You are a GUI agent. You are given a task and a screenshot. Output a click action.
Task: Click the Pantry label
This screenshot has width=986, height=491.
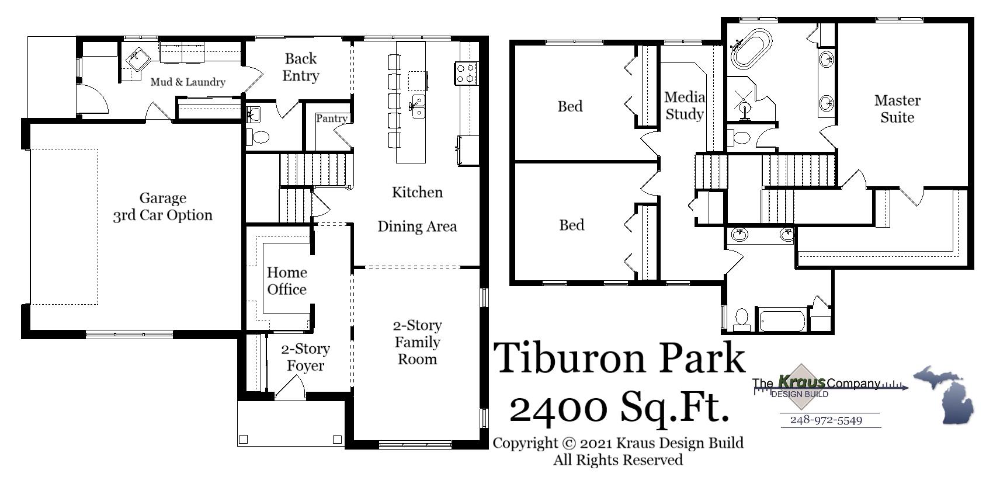point(331,119)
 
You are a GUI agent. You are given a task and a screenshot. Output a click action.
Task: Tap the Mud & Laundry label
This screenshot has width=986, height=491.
point(188,82)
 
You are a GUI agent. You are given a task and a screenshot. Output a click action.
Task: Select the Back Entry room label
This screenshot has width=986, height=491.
point(301,67)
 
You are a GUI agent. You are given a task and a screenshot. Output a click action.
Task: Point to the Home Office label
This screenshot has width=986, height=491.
point(287,281)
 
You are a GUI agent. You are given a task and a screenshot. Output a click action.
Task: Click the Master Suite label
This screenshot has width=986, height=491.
point(897,109)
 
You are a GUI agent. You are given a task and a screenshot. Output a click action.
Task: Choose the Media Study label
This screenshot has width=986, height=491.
point(684,106)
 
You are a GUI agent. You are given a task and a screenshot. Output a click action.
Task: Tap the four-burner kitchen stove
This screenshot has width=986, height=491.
point(466,73)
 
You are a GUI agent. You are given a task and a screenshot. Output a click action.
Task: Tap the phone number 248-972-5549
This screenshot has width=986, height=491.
point(826,420)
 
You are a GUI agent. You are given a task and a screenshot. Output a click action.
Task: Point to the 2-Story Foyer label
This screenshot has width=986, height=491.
point(305,357)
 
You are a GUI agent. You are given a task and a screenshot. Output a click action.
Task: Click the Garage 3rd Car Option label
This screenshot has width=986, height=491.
point(162,207)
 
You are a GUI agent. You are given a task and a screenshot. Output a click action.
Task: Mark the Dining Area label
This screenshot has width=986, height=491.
point(417,227)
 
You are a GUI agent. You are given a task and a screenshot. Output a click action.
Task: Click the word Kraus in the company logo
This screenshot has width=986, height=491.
point(802,382)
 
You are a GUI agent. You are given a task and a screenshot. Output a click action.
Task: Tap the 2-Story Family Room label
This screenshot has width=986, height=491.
point(417,342)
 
